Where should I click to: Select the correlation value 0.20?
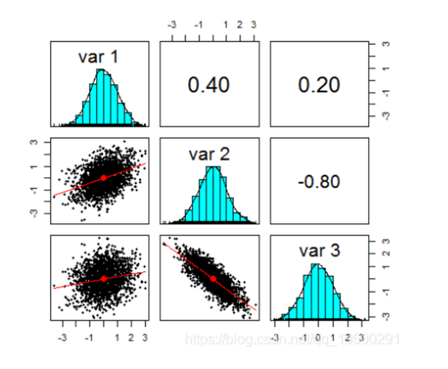coord(319,85)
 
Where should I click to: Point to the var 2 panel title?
coord(210,155)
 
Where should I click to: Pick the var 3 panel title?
coord(319,251)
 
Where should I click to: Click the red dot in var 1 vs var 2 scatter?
coord(103,178)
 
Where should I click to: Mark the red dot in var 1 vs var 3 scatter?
coord(103,278)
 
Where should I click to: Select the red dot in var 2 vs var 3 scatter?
coord(213,279)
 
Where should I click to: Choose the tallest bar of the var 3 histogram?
coord(318,292)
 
